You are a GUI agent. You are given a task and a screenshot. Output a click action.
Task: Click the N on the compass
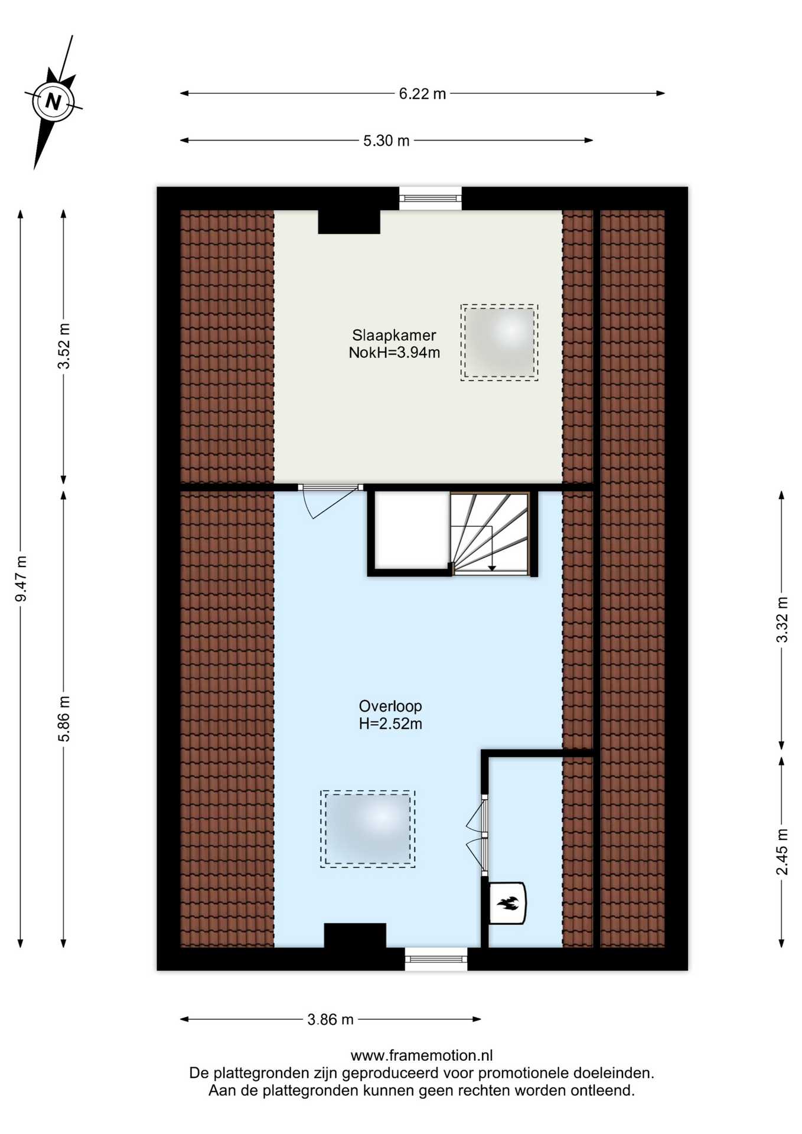(54, 102)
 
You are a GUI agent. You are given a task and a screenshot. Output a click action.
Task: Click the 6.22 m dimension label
(422, 93)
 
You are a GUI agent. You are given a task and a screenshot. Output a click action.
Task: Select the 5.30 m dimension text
(386, 141)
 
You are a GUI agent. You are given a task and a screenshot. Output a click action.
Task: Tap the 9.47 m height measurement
(21, 579)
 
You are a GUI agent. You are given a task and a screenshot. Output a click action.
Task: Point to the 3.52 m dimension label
(64, 346)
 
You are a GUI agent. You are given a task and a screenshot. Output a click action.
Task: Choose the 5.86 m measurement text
(64, 719)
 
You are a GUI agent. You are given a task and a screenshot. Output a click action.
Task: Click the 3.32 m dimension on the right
(782, 620)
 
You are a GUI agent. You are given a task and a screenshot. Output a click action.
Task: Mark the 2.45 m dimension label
(782, 852)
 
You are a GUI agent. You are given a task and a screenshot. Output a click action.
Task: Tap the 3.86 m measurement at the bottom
(331, 1019)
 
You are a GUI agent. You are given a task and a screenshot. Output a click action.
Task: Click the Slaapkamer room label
(394, 335)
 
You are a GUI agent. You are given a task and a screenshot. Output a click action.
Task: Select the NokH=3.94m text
(394, 353)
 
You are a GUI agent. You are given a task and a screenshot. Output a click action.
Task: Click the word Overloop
(390, 706)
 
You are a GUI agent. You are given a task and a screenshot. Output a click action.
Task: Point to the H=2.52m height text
(390, 724)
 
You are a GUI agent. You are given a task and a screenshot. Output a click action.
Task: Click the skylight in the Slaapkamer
(499, 343)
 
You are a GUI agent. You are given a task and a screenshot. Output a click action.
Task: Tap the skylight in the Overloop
(368, 829)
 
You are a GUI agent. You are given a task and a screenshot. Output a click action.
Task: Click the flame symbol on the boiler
(507, 903)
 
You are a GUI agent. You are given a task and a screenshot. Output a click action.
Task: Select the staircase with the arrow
(490, 533)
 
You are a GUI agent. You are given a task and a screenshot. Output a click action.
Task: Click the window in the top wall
(430, 198)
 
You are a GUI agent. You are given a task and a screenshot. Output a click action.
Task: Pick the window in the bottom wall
(436, 959)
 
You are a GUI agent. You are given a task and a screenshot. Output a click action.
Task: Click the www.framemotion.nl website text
(422, 1055)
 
